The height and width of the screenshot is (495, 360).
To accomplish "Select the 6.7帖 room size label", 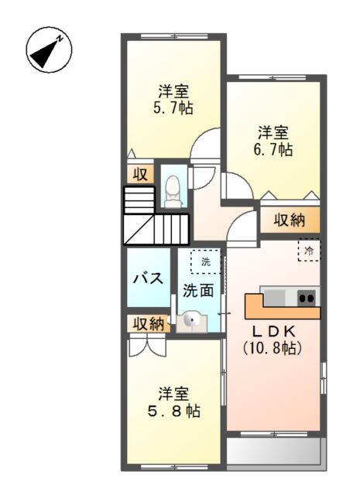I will [274, 149].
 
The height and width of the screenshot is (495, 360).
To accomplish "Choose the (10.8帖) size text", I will [273, 348].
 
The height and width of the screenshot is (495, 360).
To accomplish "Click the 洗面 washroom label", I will [197, 291].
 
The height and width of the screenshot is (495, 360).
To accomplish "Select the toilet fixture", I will [173, 190].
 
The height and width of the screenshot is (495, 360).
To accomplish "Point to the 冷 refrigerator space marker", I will [309, 250].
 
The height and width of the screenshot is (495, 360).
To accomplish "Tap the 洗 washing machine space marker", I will [205, 262].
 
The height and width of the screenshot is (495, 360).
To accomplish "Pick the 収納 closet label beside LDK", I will [290, 220].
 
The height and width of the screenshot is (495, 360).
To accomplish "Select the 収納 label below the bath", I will [147, 324].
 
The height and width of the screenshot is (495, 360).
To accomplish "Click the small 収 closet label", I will [140, 173].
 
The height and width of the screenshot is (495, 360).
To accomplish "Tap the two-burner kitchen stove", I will [307, 297].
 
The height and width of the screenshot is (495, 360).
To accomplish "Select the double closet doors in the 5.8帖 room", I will [147, 346].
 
